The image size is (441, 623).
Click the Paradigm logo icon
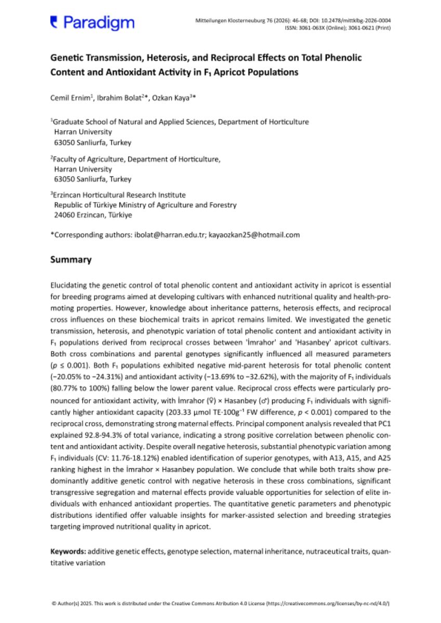54,21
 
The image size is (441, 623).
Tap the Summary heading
71,260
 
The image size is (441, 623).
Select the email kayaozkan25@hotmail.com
254,235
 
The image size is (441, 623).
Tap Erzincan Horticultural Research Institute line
118,195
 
